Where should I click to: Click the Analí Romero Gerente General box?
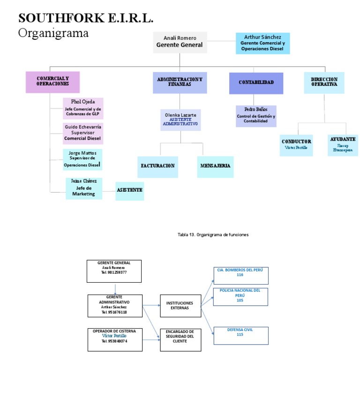(180, 42)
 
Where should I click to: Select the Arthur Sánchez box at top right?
(262, 43)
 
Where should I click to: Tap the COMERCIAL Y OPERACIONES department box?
(52, 82)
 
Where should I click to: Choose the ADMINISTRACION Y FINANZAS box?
(180, 83)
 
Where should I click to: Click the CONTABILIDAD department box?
(256, 83)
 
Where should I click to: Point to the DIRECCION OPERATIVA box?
(324, 83)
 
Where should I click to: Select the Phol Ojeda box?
(83, 108)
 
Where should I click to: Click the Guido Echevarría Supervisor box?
(83, 133)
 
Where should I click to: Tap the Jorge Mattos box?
(82, 159)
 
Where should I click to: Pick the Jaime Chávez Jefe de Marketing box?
(84, 188)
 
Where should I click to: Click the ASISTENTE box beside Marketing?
(129, 191)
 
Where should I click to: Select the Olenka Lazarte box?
(180, 120)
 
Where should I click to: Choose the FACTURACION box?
(157, 166)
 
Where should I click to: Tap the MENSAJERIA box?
(215, 166)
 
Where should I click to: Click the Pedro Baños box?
(256, 116)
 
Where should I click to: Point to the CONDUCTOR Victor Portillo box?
(296, 145)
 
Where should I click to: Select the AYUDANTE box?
(342, 145)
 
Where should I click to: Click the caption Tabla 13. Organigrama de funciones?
(213, 234)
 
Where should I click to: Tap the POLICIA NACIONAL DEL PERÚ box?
(240, 296)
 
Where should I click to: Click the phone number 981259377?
(117, 272)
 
